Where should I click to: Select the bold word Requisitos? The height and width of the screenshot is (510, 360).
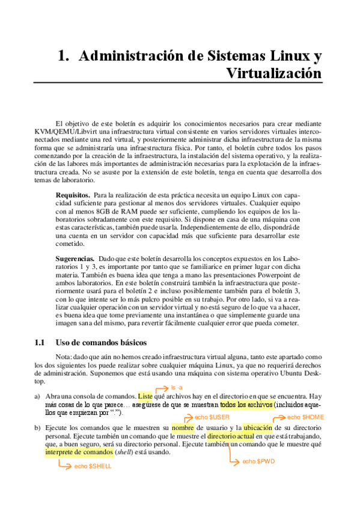pyautogui.click(x=73, y=195)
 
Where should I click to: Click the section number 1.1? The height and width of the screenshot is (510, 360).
pyautogui.click(x=40, y=343)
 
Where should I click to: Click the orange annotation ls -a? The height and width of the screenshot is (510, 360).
pyautogui.click(x=177, y=387)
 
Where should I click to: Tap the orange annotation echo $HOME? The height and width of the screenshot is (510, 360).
pyautogui.click(x=305, y=417)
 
